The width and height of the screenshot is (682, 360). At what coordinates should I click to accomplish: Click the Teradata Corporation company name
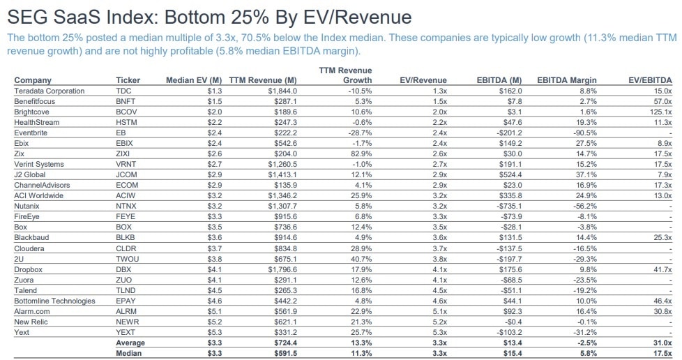coord(49,91)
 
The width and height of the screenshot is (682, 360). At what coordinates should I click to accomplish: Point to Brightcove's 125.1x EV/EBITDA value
coord(659,111)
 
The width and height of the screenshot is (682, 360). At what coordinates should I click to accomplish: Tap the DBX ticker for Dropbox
coord(123,269)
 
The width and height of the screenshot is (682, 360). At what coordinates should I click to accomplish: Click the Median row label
coord(131,353)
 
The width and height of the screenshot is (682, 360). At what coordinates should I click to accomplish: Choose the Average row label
coord(131,343)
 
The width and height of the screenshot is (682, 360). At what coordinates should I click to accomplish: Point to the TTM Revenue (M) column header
coord(262,81)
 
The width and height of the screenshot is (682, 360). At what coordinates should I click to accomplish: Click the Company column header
coord(33,81)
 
